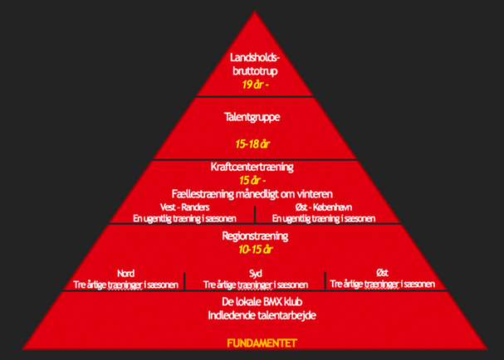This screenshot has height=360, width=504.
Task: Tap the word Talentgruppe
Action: [251, 117]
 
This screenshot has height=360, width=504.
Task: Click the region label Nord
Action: [125, 272]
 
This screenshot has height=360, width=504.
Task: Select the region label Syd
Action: [255, 272]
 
